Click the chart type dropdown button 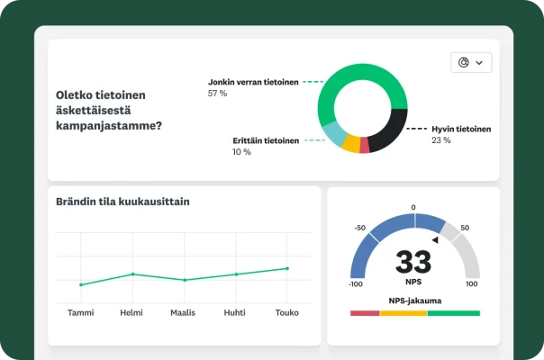tap(471, 62)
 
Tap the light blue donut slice tap(334, 135)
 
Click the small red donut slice tap(365, 147)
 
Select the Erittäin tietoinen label tap(266, 140)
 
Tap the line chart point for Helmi tap(132, 274)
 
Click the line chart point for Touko tap(287, 268)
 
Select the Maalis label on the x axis tap(184, 314)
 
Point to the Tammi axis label tap(81, 314)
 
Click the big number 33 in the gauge tap(413, 262)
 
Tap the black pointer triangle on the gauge tap(435, 239)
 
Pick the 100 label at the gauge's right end tap(471, 283)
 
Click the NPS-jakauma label tap(413, 301)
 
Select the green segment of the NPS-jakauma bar tap(454, 313)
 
